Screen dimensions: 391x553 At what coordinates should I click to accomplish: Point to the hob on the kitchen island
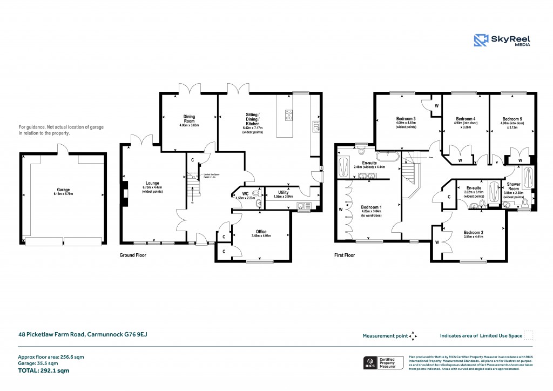(289, 115)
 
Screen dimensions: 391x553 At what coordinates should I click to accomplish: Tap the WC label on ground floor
(245, 193)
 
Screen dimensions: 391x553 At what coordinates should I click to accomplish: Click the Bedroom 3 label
(406, 119)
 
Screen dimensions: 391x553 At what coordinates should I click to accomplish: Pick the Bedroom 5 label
(511, 119)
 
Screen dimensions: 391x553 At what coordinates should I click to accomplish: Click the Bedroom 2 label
(474, 233)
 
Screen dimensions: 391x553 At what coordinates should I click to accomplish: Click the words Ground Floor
(133, 255)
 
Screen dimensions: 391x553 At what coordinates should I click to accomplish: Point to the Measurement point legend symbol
(413, 336)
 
